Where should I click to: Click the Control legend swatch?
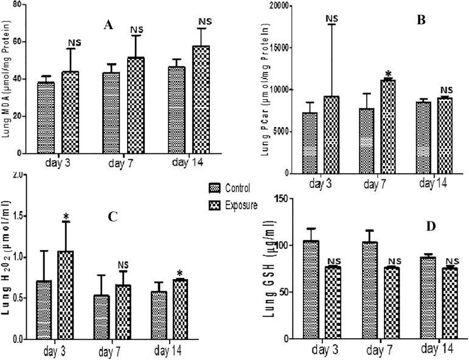(x=212, y=188)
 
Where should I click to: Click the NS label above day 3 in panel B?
(x=332, y=19)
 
